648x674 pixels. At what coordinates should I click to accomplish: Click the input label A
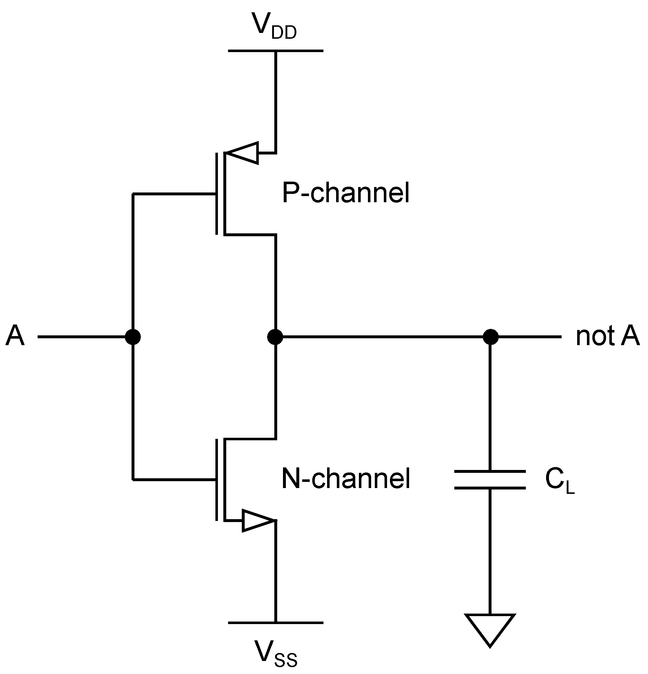point(15,336)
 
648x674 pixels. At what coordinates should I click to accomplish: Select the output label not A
point(607,336)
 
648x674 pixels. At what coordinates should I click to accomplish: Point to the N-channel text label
point(346,479)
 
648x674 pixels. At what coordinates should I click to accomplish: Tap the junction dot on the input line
point(133,337)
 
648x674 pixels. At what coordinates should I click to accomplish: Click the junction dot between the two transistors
point(275,337)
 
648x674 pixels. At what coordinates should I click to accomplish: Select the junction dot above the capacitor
point(490,337)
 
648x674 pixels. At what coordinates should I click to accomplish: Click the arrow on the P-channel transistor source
point(243,153)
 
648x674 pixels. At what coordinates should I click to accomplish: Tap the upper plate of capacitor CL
point(490,471)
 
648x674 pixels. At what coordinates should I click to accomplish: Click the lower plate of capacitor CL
point(490,488)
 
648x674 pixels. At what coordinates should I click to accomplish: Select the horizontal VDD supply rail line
point(275,51)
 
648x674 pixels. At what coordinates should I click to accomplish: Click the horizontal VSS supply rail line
point(275,623)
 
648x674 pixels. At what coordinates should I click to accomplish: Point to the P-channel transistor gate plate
point(216,194)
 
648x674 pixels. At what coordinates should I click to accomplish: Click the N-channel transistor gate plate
point(216,480)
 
